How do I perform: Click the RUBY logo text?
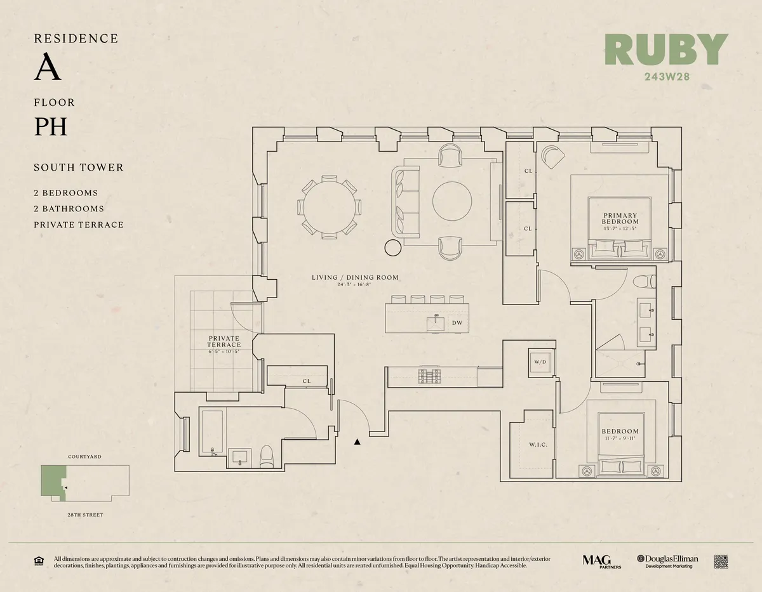click(666, 49)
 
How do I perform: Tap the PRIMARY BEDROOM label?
click(620, 219)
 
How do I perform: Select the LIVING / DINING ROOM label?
click(355, 277)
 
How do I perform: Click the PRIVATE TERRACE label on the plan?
click(224, 341)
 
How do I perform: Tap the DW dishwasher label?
click(457, 323)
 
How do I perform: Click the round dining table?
click(329, 207)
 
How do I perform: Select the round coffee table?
click(452, 201)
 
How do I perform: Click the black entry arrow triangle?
click(358, 442)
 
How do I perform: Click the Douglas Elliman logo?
click(668, 561)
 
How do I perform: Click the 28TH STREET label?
click(84, 515)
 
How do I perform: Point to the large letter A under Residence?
click(48, 69)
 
